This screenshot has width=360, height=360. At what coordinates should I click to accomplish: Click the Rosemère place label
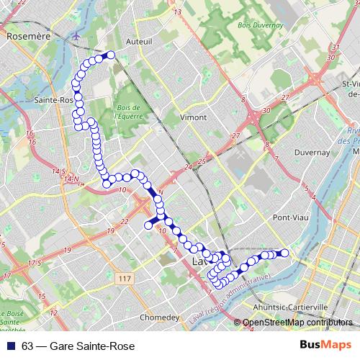point(27,35)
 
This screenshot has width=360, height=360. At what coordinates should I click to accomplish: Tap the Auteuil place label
point(139,42)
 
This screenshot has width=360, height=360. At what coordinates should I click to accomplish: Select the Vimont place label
point(193,117)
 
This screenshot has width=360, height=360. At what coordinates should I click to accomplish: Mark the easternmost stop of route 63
point(284,252)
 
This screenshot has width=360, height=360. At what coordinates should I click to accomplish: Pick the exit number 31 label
point(333,48)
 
